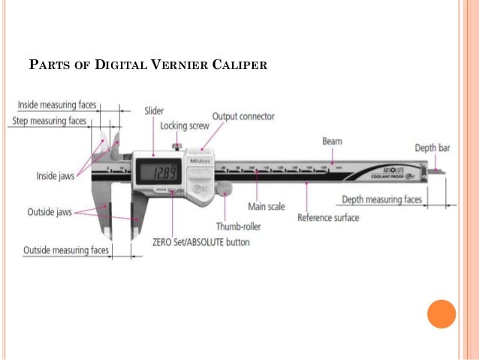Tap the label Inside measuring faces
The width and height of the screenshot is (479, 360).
pyautogui.click(x=56, y=105)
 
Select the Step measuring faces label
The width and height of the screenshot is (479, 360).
pyautogui.click(x=50, y=120)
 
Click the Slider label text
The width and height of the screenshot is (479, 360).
pyautogui.click(x=154, y=111)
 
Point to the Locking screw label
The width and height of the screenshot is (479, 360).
pyautogui.click(x=184, y=126)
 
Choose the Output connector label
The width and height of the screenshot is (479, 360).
pyautogui.click(x=243, y=116)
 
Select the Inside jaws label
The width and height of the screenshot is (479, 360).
pyautogui.click(x=54, y=176)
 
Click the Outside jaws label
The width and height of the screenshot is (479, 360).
pyautogui.click(x=50, y=212)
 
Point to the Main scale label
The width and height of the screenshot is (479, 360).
pyautogui.click(x=266, y=206)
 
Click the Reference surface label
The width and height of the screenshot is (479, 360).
pyautogui.click(x=328, y=218)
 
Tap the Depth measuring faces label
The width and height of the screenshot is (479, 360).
pyautogui.click(x=381, y=199)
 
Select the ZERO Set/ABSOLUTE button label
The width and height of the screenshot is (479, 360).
pyautogui.click(x=200, y=243)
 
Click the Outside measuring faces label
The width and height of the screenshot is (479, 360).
pyautogui.click(x=66, y=250)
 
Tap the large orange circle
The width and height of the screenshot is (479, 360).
pyautogui.click(x=441, y=313)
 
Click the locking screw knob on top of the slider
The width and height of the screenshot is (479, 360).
pyautogui.click(x=176, y=146)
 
